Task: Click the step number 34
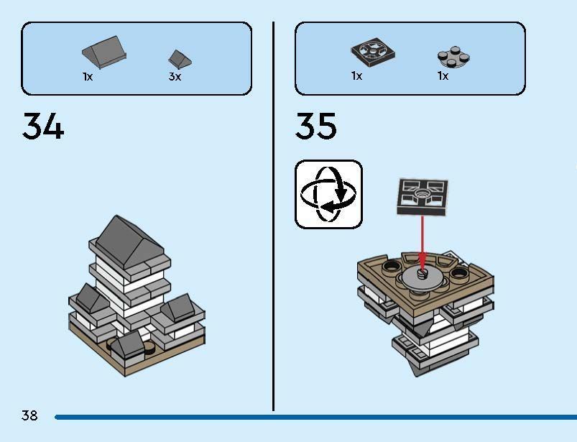[43, 126]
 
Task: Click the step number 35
[315, 126]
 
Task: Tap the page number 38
[29, 415]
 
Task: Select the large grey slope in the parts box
[105, 51]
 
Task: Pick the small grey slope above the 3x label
[179, 58]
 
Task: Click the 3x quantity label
[175, 76]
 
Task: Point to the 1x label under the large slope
[87, 76]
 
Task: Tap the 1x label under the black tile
[356, 76]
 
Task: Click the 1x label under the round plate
[443, 76]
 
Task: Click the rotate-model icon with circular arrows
[328, 194]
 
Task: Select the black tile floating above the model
[423, 195]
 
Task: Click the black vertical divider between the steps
[273, 216]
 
